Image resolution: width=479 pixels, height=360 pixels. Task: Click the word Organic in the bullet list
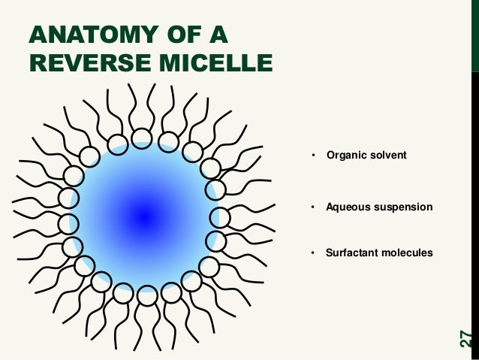[344, 155]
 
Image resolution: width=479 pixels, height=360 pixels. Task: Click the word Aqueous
[347, 206]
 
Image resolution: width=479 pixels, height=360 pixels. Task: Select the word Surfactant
[351, 253]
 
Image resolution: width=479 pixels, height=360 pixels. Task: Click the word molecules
[406, 253]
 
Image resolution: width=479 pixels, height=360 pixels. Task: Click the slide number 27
[465, 339]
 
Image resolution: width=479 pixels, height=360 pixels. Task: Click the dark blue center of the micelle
[144, 217]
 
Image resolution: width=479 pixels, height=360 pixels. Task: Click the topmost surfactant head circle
[141, 137]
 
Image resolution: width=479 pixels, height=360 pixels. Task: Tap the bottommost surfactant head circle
[147, 295]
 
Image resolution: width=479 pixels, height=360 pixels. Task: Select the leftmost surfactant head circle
[68, 223]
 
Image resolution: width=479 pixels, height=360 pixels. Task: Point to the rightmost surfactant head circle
[220, 218]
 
